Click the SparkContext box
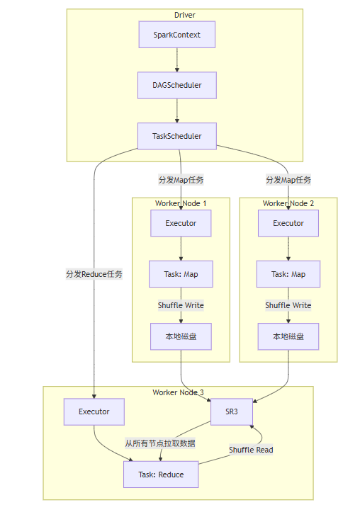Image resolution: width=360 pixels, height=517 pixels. coord(176,35)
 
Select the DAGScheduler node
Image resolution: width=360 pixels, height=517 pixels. coord(176,85)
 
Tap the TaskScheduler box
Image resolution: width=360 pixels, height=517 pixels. coord(176,136)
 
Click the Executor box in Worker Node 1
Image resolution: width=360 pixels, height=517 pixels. coord(181,223)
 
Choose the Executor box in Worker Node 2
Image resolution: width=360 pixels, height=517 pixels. coord(288,223)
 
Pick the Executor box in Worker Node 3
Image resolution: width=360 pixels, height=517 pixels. coord(94,411)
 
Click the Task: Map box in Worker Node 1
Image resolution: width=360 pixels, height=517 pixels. coord(181,274)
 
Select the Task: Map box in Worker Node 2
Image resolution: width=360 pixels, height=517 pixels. coord(288,274)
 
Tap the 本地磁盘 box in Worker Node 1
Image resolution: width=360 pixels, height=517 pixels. coord(181,336)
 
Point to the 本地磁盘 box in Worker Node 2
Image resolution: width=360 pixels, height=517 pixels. coord(288,336)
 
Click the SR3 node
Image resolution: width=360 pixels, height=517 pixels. coord(232,411)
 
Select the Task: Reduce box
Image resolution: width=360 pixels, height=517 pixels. coord(161,475)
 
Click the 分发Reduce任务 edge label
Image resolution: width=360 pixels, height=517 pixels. coord(94,274)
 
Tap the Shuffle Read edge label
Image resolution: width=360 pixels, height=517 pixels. coord(251,450)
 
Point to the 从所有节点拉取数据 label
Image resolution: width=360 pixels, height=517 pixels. coord(160,443)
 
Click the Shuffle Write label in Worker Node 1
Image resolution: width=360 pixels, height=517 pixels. coord(181,305)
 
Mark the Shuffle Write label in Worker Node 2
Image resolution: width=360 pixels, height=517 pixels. coord(288,305)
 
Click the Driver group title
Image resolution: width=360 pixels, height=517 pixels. coord(185,15)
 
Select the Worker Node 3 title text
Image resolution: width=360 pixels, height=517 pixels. coord(178,392)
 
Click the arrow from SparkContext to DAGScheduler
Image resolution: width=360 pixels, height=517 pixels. coord(176,60)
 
